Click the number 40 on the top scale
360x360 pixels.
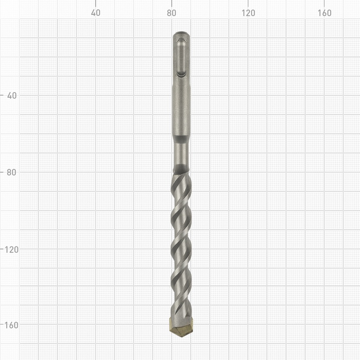[95, 13]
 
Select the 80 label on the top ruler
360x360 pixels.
[171, 13]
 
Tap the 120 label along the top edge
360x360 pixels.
[247, 13]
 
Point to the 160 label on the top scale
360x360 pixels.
[324, 13]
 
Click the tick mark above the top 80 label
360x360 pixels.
[171, 3]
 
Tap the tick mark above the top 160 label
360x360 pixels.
[324, 3]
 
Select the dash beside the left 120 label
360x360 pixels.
[2, 248]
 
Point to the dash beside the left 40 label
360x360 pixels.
[2, 95]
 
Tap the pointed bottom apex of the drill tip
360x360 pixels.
[181, 337]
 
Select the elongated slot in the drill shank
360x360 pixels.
[181, 58]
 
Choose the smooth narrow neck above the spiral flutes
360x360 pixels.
[181, 155]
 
